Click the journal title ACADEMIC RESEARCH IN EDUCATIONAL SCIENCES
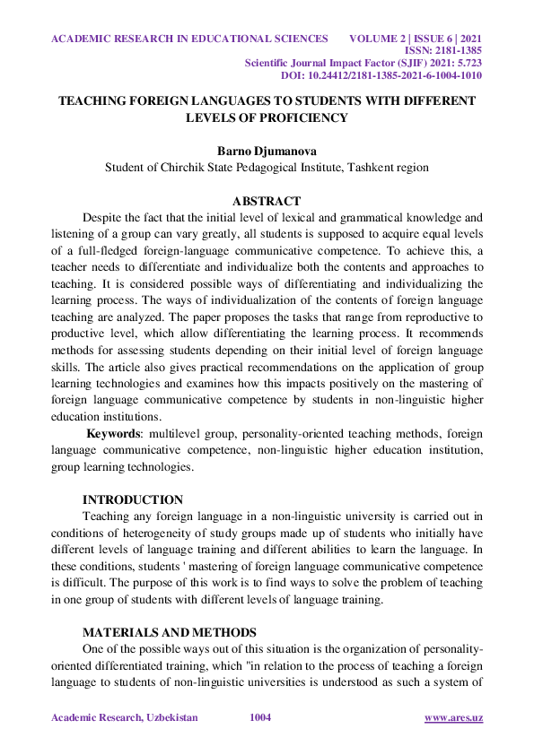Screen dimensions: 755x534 (x=189, y=39)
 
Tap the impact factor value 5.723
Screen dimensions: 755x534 (x=468, y=64)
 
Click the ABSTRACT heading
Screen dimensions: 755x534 (x=267, y=201)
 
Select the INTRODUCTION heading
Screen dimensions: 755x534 (x=133, y=499)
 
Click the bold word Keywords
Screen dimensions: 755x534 (x=114, y=434)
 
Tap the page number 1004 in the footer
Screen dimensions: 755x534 (x=260, y=718)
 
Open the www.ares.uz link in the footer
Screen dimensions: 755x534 (x=453, y=718)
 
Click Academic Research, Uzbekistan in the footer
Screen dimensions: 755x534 (x=125, y=718)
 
